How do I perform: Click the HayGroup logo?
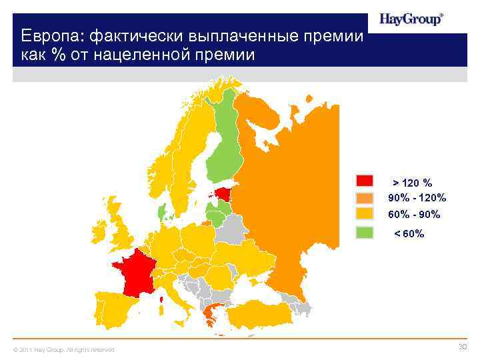411,19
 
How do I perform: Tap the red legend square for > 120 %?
364,181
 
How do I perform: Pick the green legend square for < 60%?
364,233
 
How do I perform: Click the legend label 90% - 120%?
417,198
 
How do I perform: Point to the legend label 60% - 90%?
414,215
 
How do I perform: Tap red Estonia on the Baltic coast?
226,195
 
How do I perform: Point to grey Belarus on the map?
231,231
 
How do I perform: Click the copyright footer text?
60,350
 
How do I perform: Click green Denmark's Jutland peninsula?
161,212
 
